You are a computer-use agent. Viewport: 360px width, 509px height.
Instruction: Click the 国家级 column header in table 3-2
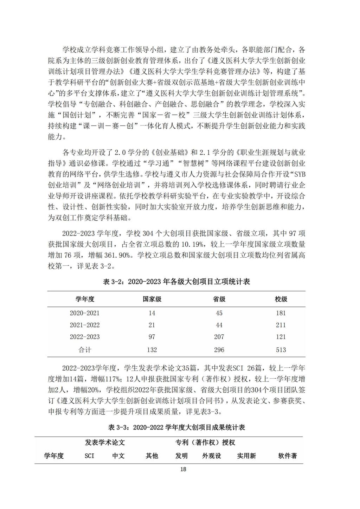tap(152, 299)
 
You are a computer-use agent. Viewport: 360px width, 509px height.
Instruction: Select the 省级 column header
tap(219, 299)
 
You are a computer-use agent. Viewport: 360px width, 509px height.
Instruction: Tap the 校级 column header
tap(281, 299)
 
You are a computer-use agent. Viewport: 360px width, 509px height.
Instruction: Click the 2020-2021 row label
tap(84, 313)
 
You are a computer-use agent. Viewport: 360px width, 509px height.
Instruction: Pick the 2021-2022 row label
tap(84, 325)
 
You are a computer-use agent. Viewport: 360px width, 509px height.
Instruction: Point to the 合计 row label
tap(84, 350)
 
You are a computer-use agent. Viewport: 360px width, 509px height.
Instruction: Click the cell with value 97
tap(152, 337)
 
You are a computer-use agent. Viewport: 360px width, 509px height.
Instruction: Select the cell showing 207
tap(219, 337)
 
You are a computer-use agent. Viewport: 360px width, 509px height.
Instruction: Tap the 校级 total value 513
tap(281, 350)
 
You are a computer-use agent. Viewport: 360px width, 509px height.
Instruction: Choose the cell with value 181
tap(281, 313)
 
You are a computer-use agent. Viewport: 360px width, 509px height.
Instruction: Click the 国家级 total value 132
tap(152, 350)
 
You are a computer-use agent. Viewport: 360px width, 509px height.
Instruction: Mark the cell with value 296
tap(219, 350)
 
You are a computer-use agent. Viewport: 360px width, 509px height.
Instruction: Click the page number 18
tap(183, 469)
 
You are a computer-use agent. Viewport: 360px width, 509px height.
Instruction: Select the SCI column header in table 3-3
tap(89, 456)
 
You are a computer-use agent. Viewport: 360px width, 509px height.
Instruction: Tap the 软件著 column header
tap(288, 456)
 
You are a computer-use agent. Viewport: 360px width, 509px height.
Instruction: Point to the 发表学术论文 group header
tap(105, 442)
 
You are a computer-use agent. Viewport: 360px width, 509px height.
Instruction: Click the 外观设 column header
tap(212, 456)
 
